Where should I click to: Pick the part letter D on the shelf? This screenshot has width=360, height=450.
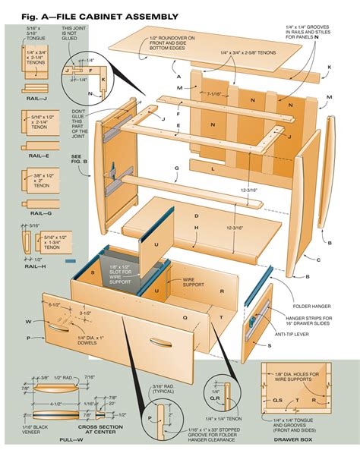point(195,214)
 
